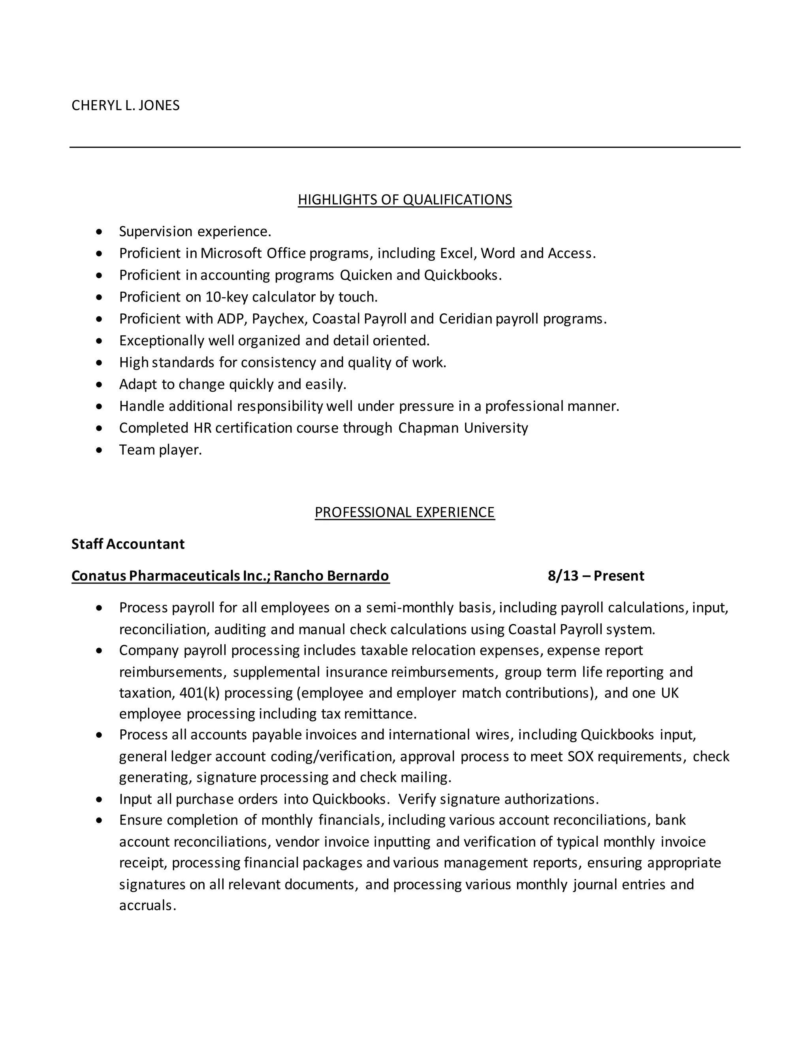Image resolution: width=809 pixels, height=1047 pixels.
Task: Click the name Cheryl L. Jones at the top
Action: click(126, 105)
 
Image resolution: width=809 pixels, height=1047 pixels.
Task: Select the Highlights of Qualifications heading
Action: click(404, 200)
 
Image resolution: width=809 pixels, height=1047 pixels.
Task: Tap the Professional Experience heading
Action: click(404, 512)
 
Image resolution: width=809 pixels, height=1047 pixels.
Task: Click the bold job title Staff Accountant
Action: click(128, 544)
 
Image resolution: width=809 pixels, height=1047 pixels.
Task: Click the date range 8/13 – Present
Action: click(596, 575)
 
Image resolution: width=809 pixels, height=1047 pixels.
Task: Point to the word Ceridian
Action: click(465, 319)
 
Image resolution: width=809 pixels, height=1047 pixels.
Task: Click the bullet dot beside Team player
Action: click(99, 450)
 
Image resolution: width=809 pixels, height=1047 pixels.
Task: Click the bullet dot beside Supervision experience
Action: click(99, 232)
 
